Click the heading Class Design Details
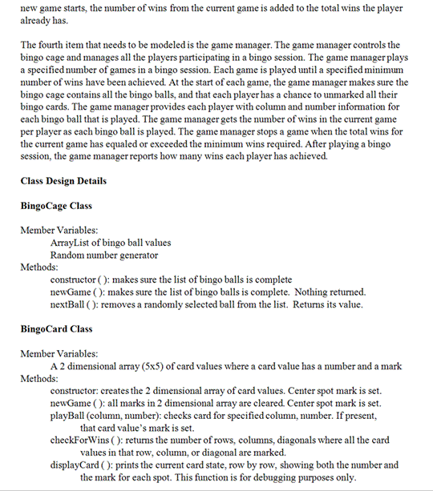63,181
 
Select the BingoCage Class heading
56,206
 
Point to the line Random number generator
103,255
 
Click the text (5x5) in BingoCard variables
157,366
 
